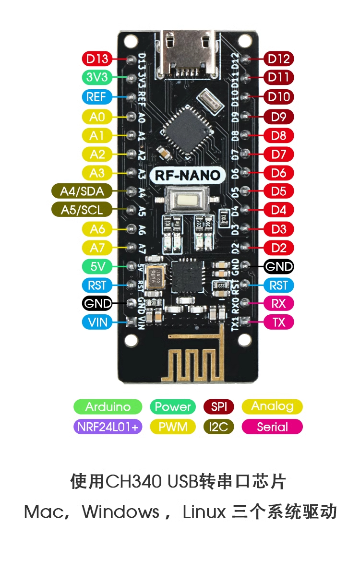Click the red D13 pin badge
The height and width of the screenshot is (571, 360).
coord(97,59)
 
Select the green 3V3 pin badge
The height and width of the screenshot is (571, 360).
coord(97,77)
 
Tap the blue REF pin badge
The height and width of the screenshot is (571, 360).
coord(96,96)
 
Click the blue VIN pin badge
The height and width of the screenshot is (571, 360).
coord(97,322)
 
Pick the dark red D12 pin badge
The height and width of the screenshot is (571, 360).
coord(278,59)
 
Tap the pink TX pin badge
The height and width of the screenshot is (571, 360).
coord(278,322)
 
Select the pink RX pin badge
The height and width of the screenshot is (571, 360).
coord(278,303)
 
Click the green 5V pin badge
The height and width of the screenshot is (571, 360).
coord(97,266)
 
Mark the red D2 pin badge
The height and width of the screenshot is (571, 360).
coord(278,248)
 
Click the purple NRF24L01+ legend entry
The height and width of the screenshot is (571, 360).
coord(108,427)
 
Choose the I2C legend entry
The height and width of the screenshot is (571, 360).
coord(218,427)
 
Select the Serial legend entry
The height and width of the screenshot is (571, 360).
coord(272,427)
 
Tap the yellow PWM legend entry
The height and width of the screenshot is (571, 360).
coord(173,427)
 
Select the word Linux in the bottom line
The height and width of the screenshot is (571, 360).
coord(204,512)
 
